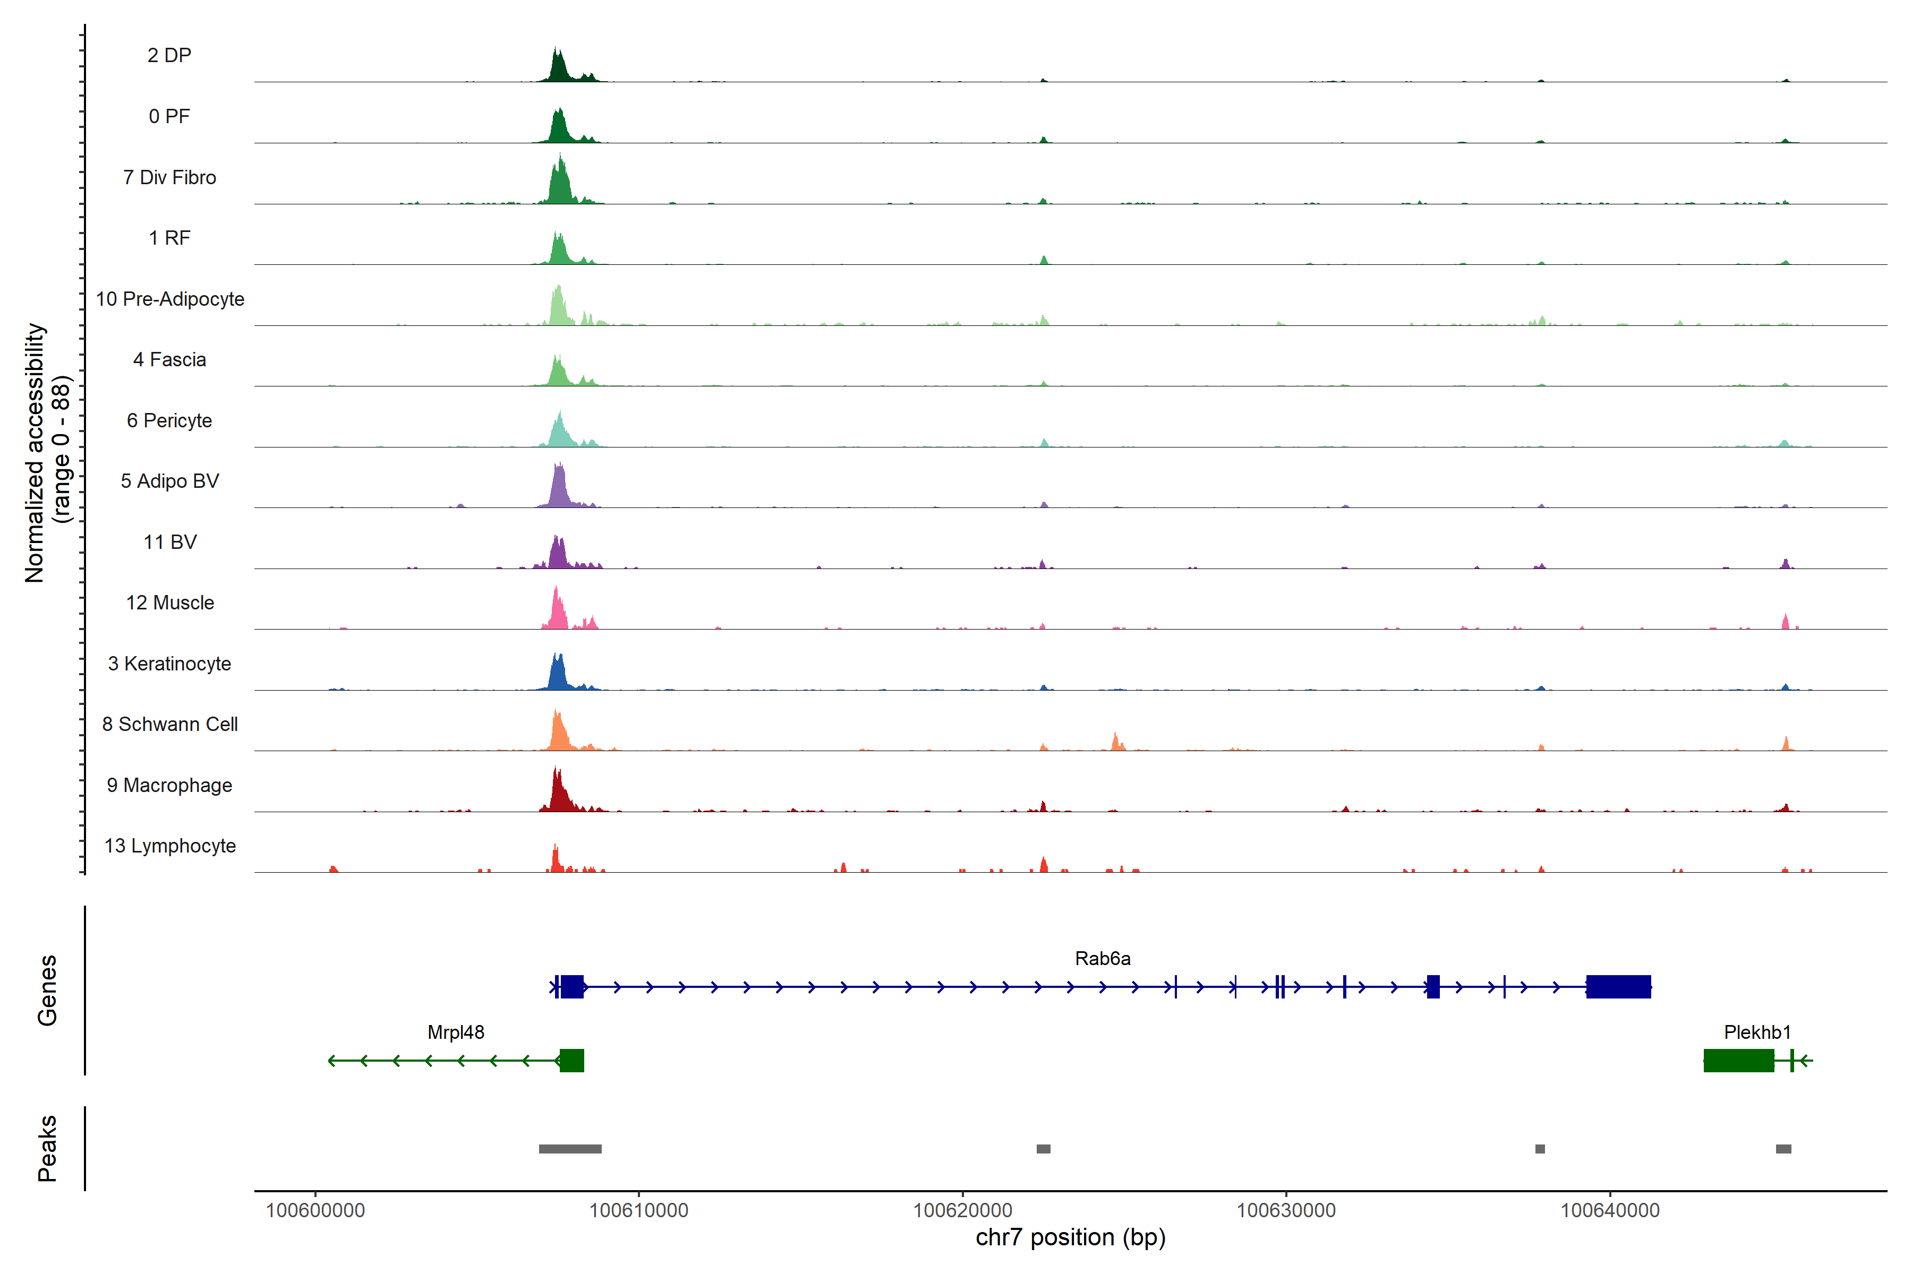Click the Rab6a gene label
1103,959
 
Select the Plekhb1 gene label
1757,1032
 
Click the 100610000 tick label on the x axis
638,1211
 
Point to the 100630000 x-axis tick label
1285,1211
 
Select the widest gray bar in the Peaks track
570,1149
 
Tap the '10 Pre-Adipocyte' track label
170,299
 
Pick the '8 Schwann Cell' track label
170,724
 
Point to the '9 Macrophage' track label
170,785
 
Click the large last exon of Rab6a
1618,986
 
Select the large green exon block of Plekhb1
1738,1060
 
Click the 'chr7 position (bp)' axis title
1070,1237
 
